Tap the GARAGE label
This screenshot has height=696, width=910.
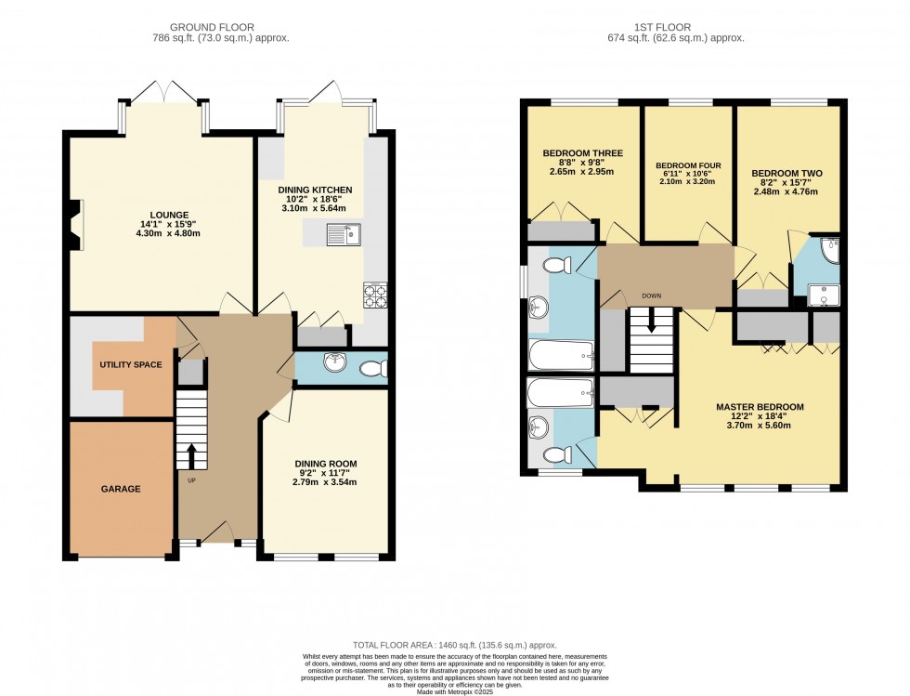121,489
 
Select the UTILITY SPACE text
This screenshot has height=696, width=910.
131,365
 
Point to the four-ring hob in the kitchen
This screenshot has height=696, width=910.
375,295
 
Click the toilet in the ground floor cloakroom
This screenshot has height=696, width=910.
372,368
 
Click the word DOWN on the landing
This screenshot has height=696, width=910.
651,296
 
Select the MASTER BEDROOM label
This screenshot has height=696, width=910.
760,407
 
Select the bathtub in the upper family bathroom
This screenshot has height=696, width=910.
560,354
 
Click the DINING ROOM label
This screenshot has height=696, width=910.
325,464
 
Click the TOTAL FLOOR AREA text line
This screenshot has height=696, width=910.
455,644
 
